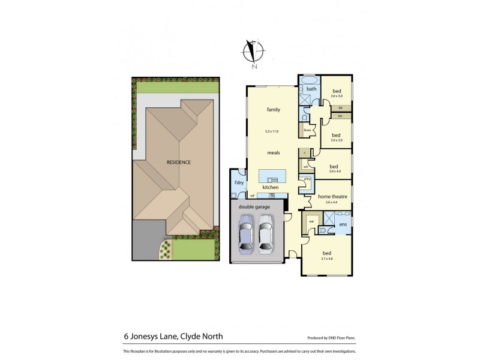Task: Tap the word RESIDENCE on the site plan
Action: [179, 162]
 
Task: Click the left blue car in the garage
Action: [245, 236]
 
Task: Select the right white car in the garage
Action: [266, 236]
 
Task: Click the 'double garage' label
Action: [254, 206]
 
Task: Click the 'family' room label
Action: [274, 110]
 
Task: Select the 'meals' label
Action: [274, 152]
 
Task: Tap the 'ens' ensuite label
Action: [343, 224]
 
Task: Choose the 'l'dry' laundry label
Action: [238, 182]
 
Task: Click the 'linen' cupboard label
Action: [307, 130]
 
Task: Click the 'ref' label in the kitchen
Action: [253, 196]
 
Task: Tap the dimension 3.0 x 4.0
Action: [335, 172]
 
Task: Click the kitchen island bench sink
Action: [273, 179]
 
